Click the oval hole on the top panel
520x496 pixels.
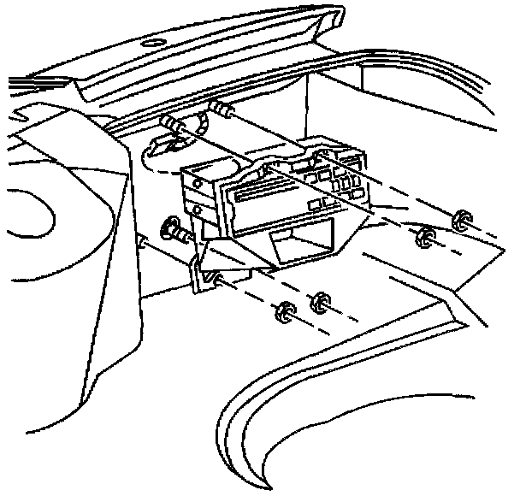click(155, 44)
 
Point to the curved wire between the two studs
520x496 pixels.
click(202, 121)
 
